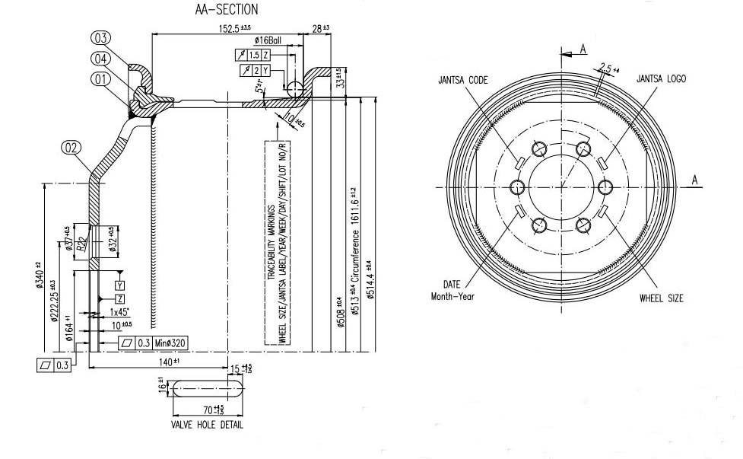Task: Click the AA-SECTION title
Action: [x=227, y=10]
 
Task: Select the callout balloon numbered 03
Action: [x=101, y=38]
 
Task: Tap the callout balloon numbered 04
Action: [x=101, y=58]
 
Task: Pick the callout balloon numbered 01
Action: [x=101, y=78]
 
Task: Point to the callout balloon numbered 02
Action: [x=71, y=148]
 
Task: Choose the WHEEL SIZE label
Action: [x=661, y=298]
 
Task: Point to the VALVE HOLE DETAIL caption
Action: [x=207, y=425]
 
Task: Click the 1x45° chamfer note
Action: [x=118, y=312]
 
